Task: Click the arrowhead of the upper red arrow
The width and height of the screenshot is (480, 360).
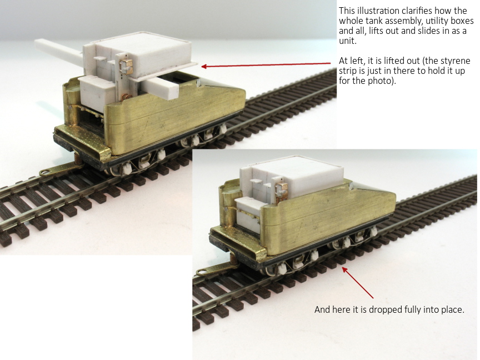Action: (x=205, y=66)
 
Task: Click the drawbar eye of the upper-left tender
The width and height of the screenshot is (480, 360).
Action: (x=44, y=172)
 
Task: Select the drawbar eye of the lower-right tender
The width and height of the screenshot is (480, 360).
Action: (x=202, y=272)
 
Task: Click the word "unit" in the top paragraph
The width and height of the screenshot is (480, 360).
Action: (x=347, y=41)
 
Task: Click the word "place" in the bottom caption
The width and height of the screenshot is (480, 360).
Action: (x=452, y=310)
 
